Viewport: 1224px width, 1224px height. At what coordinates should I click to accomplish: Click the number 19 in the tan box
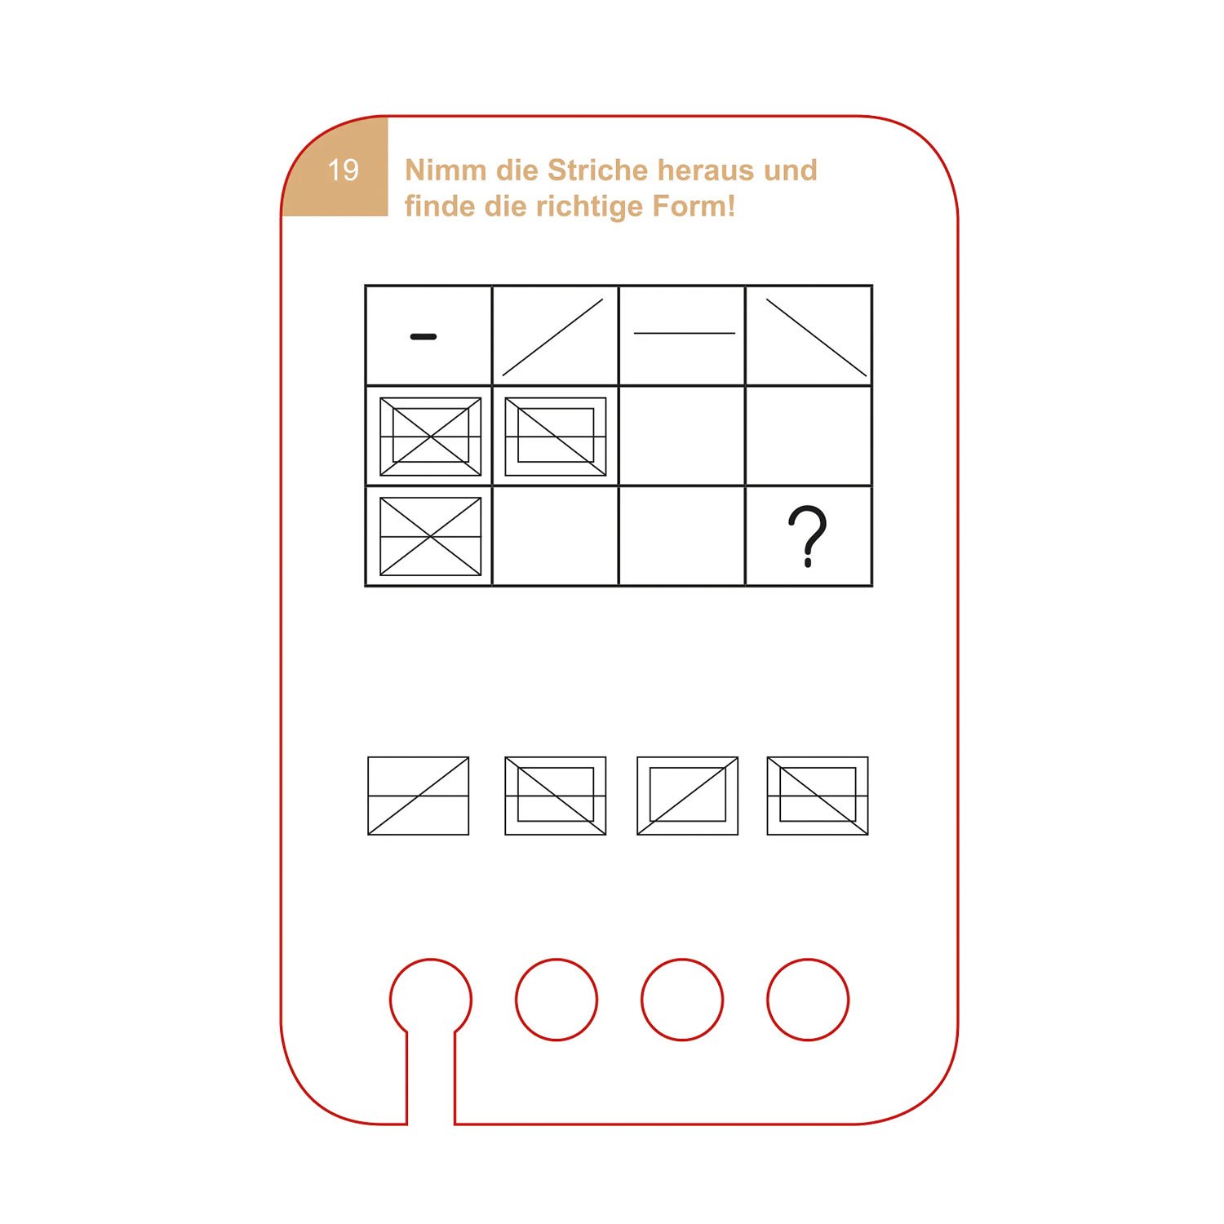[x=343, y=170]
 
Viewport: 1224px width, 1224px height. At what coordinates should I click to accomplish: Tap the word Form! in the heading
[x=694, y=206]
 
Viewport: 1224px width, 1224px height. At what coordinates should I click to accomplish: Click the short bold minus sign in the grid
[x=424, y=336]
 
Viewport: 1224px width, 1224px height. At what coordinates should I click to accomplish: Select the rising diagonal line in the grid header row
[x=552, y=337]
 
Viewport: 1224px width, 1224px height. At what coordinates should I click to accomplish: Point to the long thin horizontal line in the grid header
[x=685, y=333]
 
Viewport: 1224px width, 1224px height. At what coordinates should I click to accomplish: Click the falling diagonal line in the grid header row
[x=816, y=338]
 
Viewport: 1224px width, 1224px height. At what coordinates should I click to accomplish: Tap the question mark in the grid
[x=807, y=536]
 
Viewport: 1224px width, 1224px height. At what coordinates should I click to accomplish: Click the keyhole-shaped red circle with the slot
[x=390, y=1000]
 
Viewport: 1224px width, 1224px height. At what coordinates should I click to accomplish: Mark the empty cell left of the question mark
[x=682, y=536]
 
